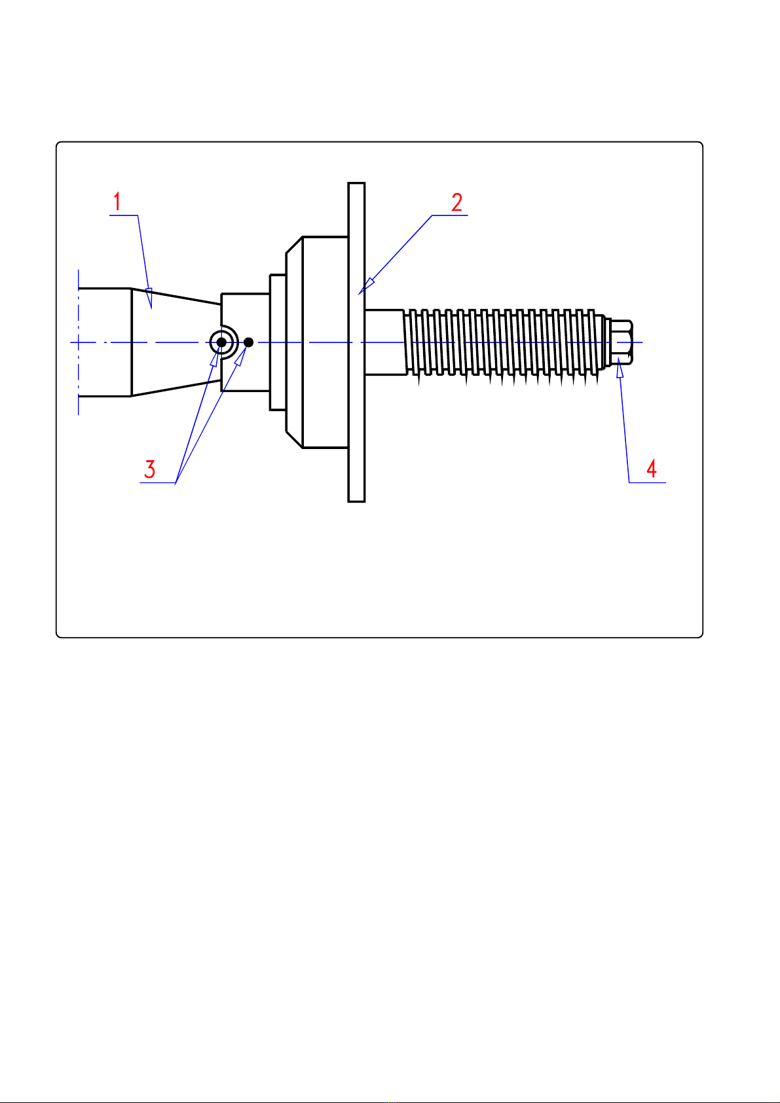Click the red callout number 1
pos(117,202)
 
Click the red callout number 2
pos(456,202)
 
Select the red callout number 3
pos(150,469)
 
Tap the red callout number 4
pos(651,469)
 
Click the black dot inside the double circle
pos(221,342)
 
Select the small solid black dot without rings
pos(248,342)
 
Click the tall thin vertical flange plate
pos(356,393)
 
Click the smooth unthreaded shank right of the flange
pos(384,342)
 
